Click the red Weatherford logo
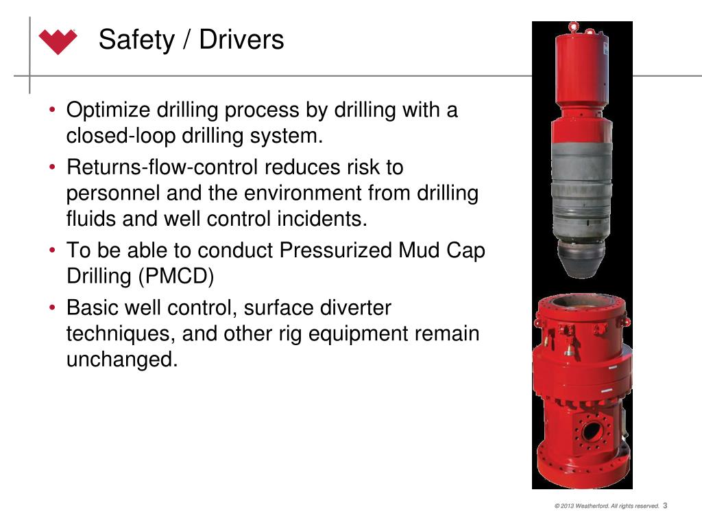58,41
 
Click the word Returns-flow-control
162,167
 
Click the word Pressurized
335,250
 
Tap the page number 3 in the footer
665,506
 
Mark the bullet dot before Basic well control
53,308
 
